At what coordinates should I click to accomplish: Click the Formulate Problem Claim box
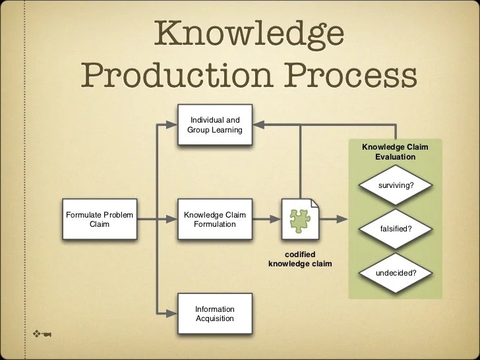pos(100,219)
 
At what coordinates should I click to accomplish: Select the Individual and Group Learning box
pos(214,125)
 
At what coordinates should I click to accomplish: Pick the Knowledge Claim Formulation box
pos(214,219)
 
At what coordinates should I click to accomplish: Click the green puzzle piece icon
pos(300,218)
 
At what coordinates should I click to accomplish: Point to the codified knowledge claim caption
pos(299,259)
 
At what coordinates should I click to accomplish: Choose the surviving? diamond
pos(396,185)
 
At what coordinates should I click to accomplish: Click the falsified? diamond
pos(396,228)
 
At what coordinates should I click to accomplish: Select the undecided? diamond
pos(396,272)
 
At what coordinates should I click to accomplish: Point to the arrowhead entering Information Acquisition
pos(175,313)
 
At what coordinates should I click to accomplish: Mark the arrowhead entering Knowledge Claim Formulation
pos(175,219)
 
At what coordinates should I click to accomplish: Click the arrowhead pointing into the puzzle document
pos(275,219)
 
